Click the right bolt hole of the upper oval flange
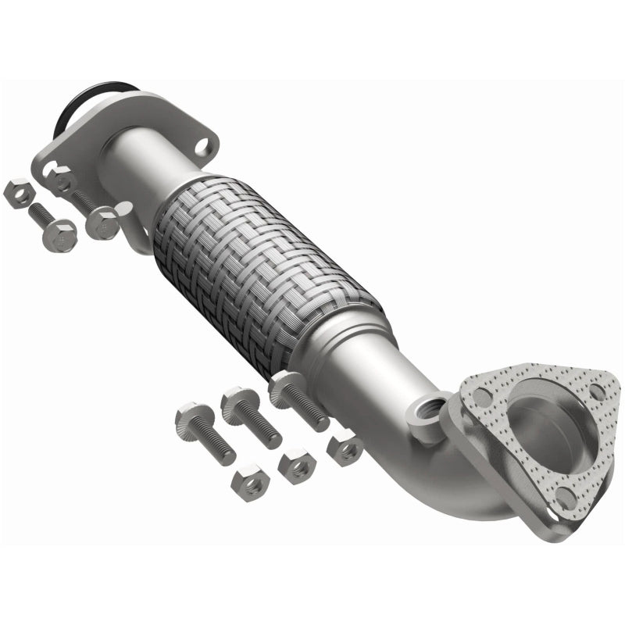(202, 145)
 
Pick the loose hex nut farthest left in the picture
(18, 192)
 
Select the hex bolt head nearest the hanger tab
(102, 223)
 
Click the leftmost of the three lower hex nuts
(251, 484)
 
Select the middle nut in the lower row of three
(298, 466)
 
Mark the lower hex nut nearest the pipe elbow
(345, 449)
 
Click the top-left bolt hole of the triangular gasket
(482, 398)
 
